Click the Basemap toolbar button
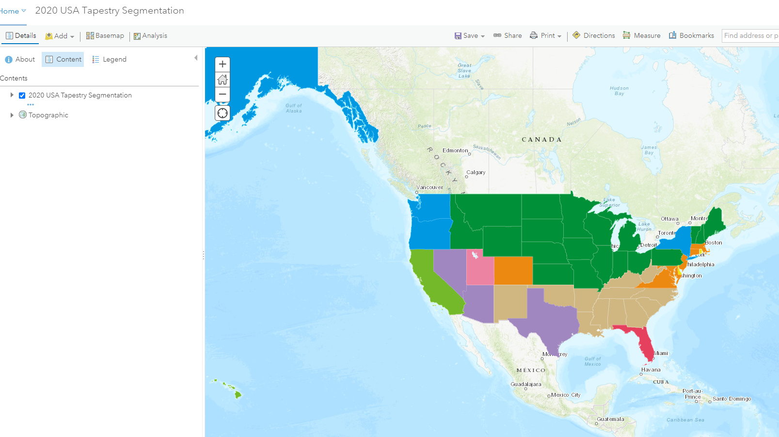pyautogui.click(x=105, y=36)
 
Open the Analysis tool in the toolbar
pyautogui.click(x=150, y=36)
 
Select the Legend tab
pyautogui.click(x=110, y=59)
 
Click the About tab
pyautogui.click(x=20, y=59)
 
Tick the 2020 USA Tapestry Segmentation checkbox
pyautogui.click(x=22, y=96)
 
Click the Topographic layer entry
pyautogui.click(x=48, y=115)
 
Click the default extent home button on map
pyautogui.click(x=223, y=80)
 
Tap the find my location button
pyautogui.click(x=223, y=113)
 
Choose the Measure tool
pyautogui.click(x=641, y=35)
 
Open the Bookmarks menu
pyautogui.click(x=691, y=35)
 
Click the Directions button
pyautogui.click(x=594, y=35)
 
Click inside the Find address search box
pyautogui.click(x=750, y=35)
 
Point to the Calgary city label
pyautogui.click(x=476, y=172)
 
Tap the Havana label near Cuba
pyautogui.click(x=651, y=370)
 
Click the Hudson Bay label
pyautogui.click(x=619, y=91)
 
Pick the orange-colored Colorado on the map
pyautogui.click(x=513, y=271)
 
